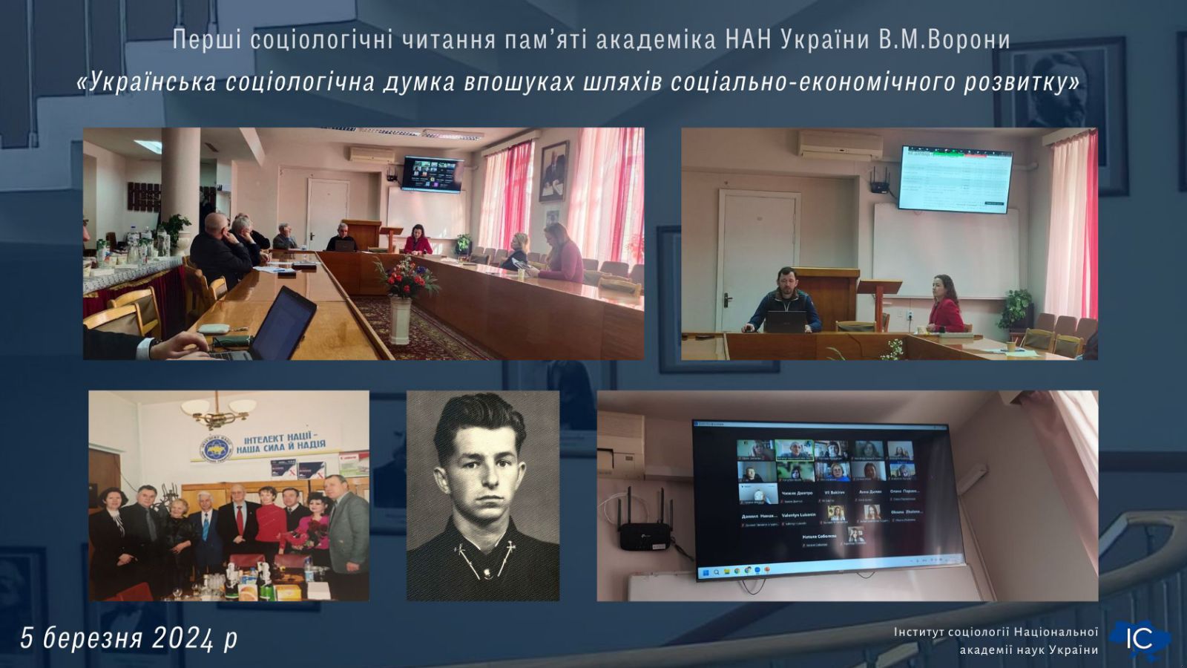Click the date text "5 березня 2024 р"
[129, 638]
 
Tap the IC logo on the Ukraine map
[1140, 638]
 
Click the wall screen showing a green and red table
[956, 178]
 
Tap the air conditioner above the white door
[830, 143]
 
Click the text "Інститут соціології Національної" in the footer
[995, 632]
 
